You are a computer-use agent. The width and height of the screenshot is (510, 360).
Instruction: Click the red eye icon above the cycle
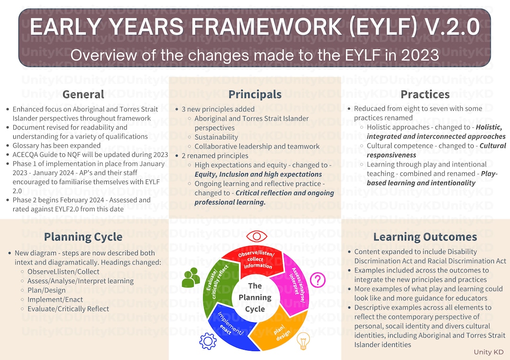(256, 236)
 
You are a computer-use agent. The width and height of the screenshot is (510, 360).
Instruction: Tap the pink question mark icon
(318, 280)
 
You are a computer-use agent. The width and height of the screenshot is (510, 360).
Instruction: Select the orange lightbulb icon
(303, 340)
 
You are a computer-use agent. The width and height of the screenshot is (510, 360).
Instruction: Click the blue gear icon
(208, 341)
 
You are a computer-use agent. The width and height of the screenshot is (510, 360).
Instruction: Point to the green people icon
(191, 277)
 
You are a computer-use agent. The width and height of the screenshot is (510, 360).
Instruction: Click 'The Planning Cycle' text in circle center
(255, 297)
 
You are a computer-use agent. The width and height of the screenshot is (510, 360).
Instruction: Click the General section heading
(83, 94)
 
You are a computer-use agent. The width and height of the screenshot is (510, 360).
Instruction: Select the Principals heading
(255, 94)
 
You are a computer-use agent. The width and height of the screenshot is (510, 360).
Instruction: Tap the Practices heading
(425, 94)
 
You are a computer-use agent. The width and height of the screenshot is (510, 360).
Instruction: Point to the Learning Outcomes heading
(425, 237)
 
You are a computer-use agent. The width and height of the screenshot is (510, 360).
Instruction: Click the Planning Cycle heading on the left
(83, 237)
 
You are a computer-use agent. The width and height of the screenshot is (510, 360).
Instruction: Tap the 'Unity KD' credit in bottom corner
(489, 352)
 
